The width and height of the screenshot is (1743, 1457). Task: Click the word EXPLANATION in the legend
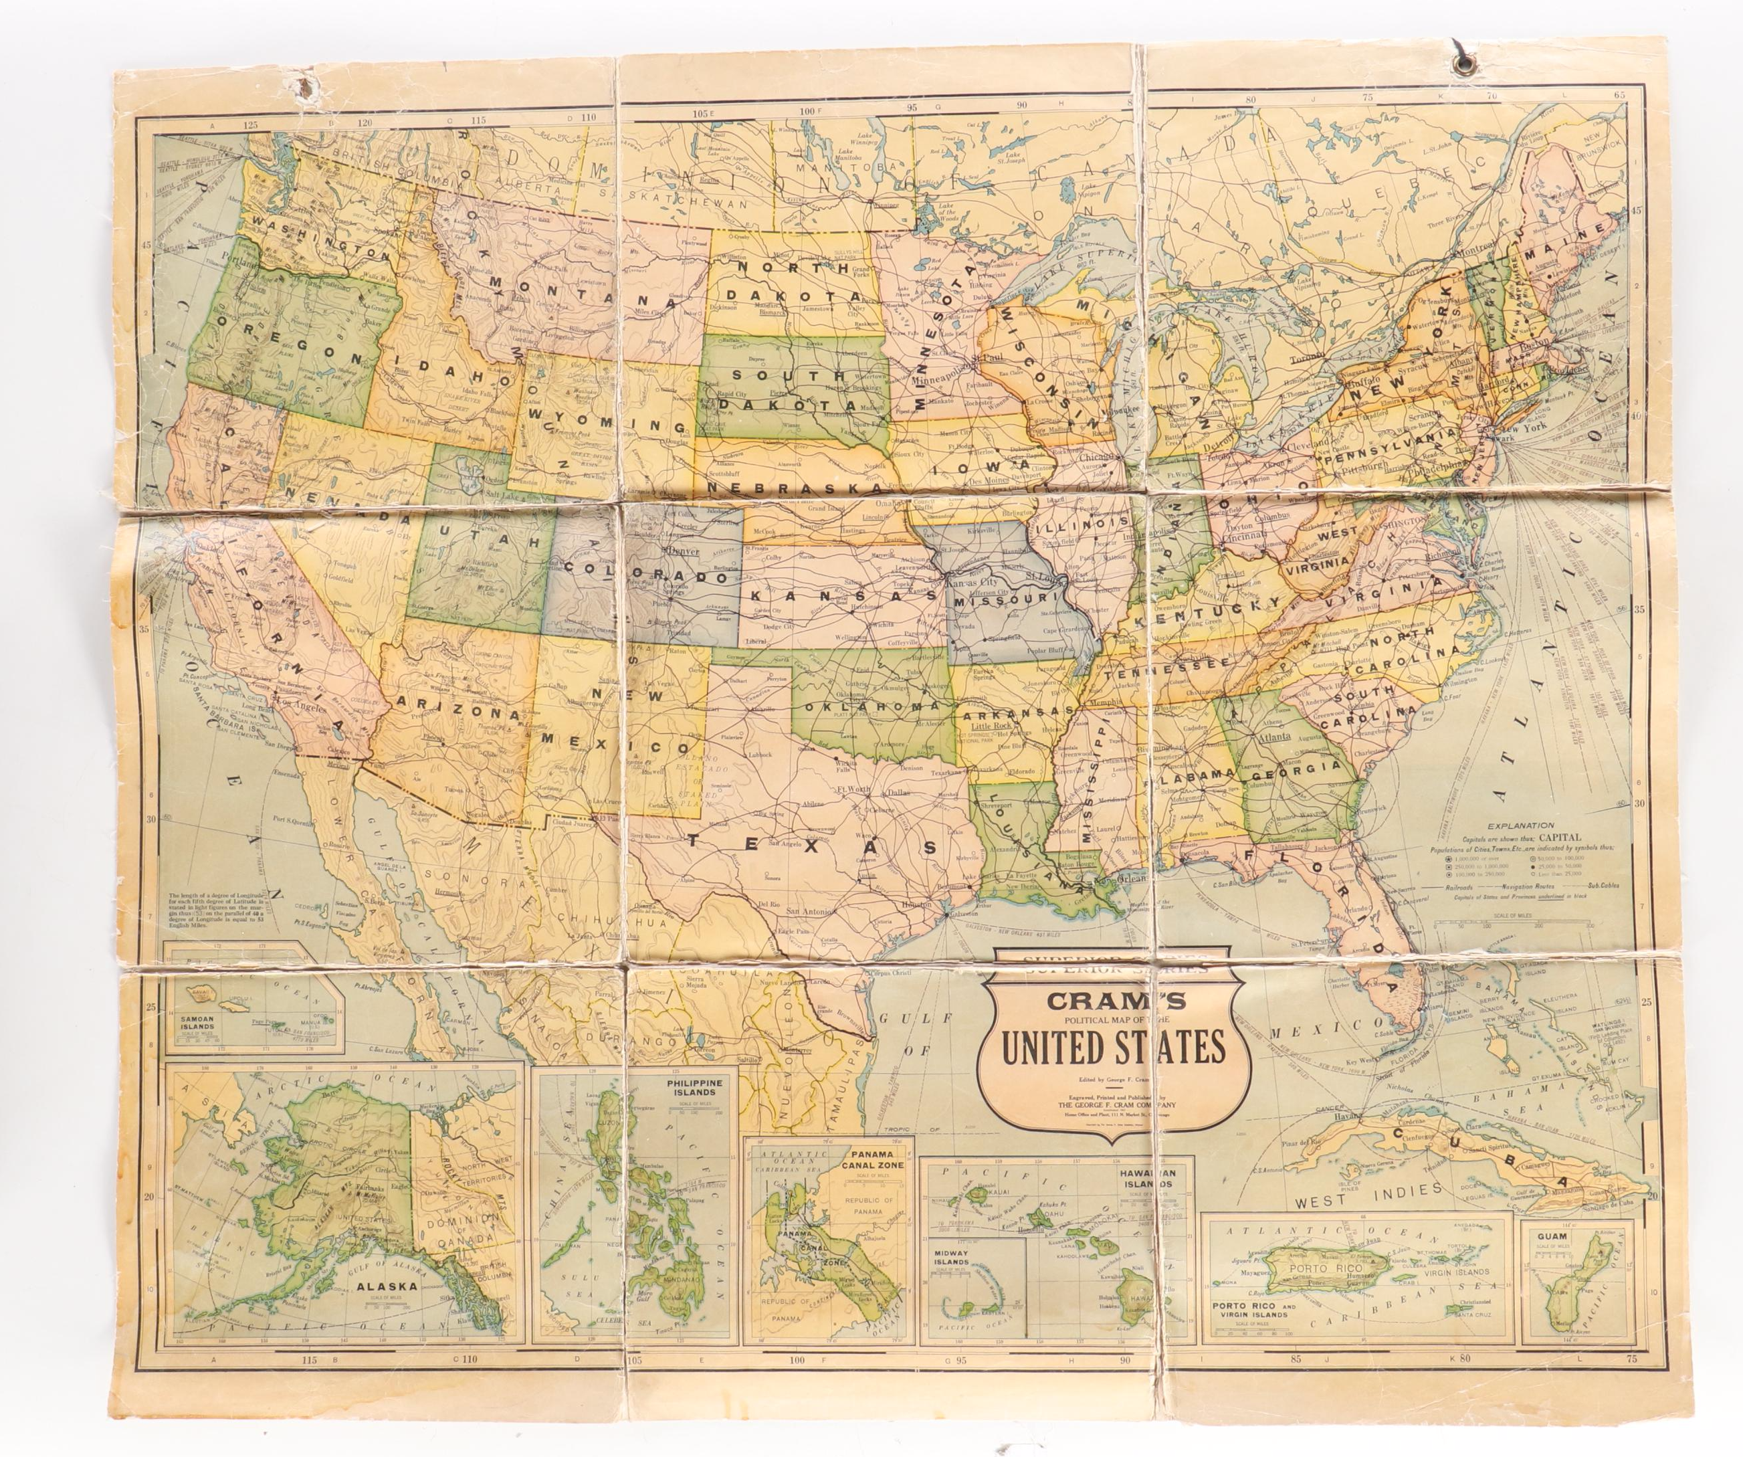tap(1520, 825)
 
